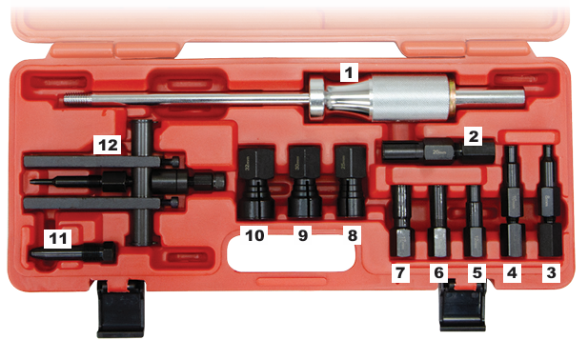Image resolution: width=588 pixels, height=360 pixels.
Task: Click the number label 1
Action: (350, 70)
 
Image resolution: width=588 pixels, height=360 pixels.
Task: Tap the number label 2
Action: (471, 136)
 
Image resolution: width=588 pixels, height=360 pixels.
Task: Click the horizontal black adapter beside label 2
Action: (424, 151)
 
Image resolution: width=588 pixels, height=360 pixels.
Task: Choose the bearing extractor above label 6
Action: (437, 218)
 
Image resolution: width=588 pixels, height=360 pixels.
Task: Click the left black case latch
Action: (121, 310)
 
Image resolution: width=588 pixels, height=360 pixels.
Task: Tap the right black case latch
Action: (464, 307)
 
